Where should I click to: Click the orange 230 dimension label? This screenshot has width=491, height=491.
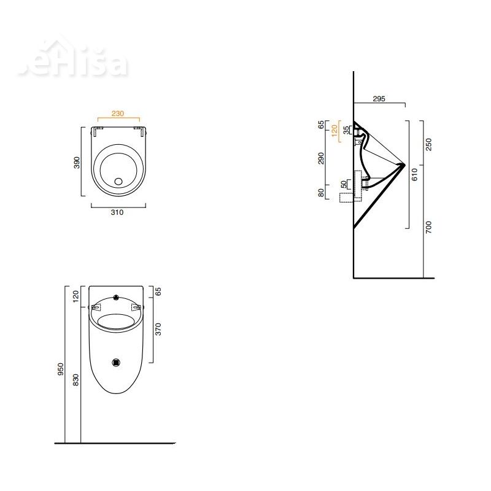[118, 113]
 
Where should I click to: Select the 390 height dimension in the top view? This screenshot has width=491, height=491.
[77, 163]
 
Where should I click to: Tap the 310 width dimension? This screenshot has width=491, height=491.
[118, 212]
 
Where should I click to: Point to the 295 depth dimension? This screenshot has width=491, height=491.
[379, 99]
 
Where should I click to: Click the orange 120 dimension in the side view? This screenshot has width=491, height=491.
[334, 131]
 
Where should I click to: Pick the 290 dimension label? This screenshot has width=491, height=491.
[321, 159]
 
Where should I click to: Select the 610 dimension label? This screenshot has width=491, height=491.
[415, 174]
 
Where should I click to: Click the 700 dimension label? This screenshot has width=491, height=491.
[429, 226]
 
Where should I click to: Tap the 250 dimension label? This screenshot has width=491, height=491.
[429, 144]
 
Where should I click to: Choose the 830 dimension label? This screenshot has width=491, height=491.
[76, 380]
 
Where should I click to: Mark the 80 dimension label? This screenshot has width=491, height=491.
[321, 192]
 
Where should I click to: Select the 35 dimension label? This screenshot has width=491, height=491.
[346, 130]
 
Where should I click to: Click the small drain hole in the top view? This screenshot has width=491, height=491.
[118, 182]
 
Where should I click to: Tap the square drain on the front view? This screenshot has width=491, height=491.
[117, 362]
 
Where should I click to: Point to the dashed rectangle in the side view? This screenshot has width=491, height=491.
[348, 197]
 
